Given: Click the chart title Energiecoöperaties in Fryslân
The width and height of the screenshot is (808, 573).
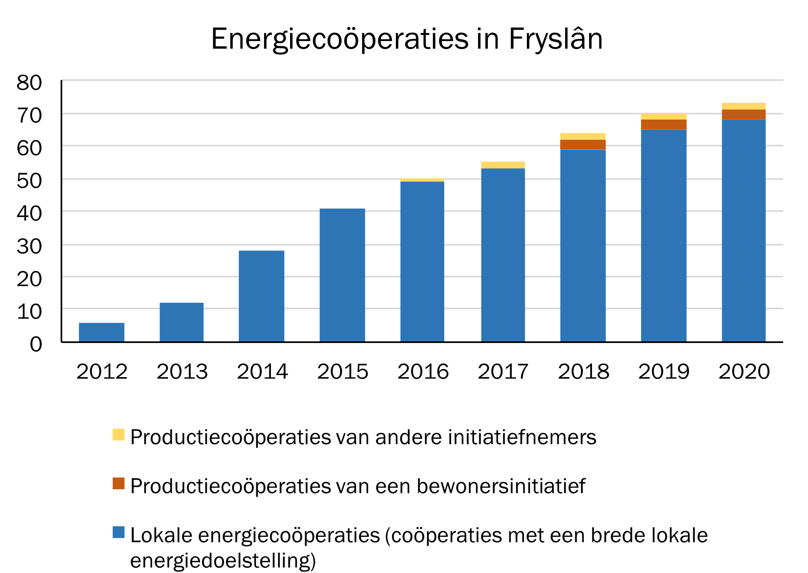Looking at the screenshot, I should [x=406, y=39].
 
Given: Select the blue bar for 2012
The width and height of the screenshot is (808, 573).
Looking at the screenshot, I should [x=101, y=332].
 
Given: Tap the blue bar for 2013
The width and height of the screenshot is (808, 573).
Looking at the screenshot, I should [x=181, y=322].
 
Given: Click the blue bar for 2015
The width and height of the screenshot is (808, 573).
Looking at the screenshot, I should [x=342, y=275].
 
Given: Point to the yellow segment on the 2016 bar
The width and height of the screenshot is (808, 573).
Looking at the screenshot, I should [x=422, y=180].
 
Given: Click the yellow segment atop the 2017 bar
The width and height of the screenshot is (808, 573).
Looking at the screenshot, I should [x=503, y=165].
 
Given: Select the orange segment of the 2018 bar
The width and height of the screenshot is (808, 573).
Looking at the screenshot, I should [x=583, y=145].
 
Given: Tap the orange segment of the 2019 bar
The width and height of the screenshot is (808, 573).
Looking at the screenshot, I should [x=664, y=124].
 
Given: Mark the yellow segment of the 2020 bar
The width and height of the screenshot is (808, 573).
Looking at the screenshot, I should [x=743, y=106].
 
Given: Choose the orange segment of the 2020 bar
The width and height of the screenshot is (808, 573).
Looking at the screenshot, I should [x=743, y=114].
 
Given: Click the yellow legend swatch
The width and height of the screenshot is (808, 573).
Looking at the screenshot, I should [x=118, y=434].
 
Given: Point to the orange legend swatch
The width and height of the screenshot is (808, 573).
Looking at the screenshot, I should [x=118, y=483].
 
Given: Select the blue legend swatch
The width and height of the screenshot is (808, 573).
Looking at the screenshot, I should [x=118, y=532].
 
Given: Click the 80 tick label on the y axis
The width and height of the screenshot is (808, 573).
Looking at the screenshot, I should [x=29, y=83].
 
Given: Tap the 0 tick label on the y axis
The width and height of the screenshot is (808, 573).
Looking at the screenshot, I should [x=36, y=344].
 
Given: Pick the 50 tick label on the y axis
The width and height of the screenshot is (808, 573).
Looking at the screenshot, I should [x=29, y=181].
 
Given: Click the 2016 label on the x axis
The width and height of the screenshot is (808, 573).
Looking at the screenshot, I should [x=423, y=371].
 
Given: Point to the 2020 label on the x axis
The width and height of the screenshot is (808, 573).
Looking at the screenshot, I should [x=744, y=371].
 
